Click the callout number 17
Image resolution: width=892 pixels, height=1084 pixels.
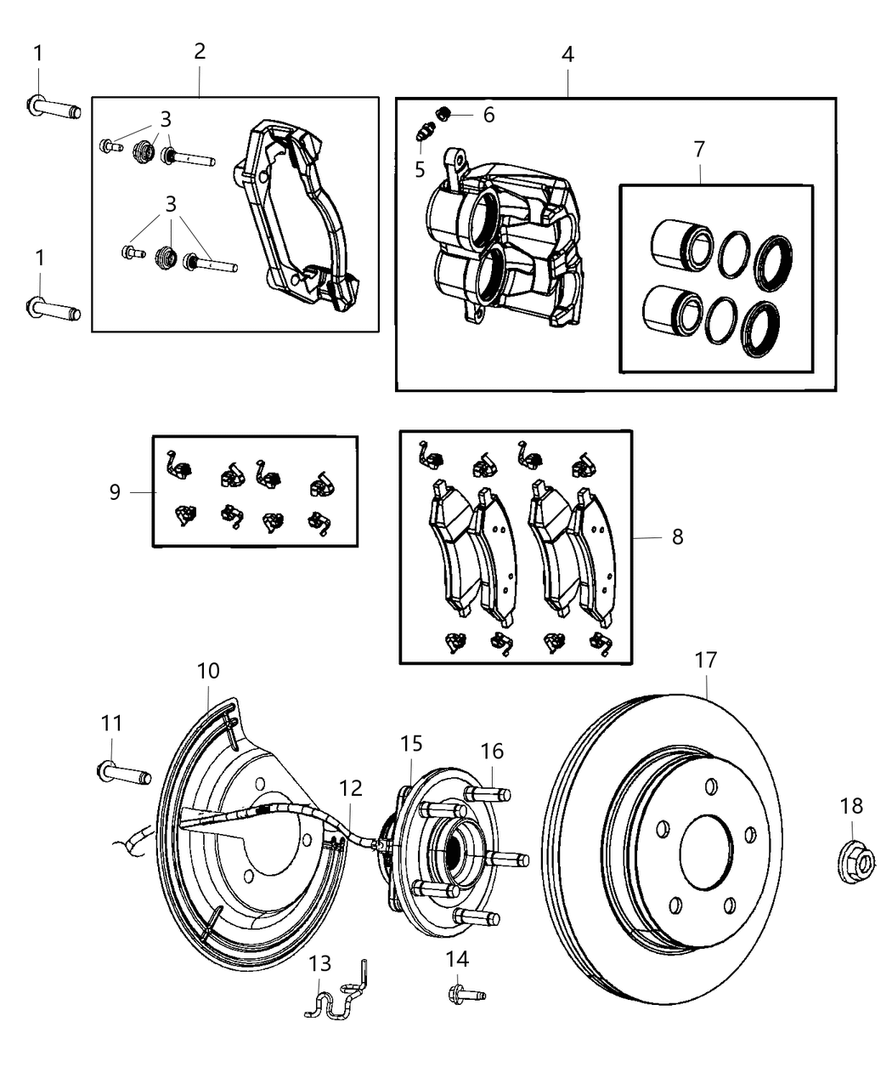coord(705,660)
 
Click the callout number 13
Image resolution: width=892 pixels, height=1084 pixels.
coord(319,964)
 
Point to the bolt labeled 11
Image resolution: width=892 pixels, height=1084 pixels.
coord(123,773)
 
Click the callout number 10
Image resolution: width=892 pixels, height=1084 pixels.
coord(208,671)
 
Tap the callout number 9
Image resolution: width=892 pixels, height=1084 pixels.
coord(115,491)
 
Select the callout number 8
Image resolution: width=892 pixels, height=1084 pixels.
coord(677,537)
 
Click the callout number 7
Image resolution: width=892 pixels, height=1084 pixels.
coord(698,149)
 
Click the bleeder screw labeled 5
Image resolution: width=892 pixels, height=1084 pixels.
coord(425,132)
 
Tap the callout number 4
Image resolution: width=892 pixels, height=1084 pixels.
coord(567,54)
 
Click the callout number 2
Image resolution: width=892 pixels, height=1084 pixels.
coord(200,50)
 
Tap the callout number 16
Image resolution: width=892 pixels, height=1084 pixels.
coord(492,751)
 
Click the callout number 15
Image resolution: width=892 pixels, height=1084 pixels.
coord(411,744)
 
